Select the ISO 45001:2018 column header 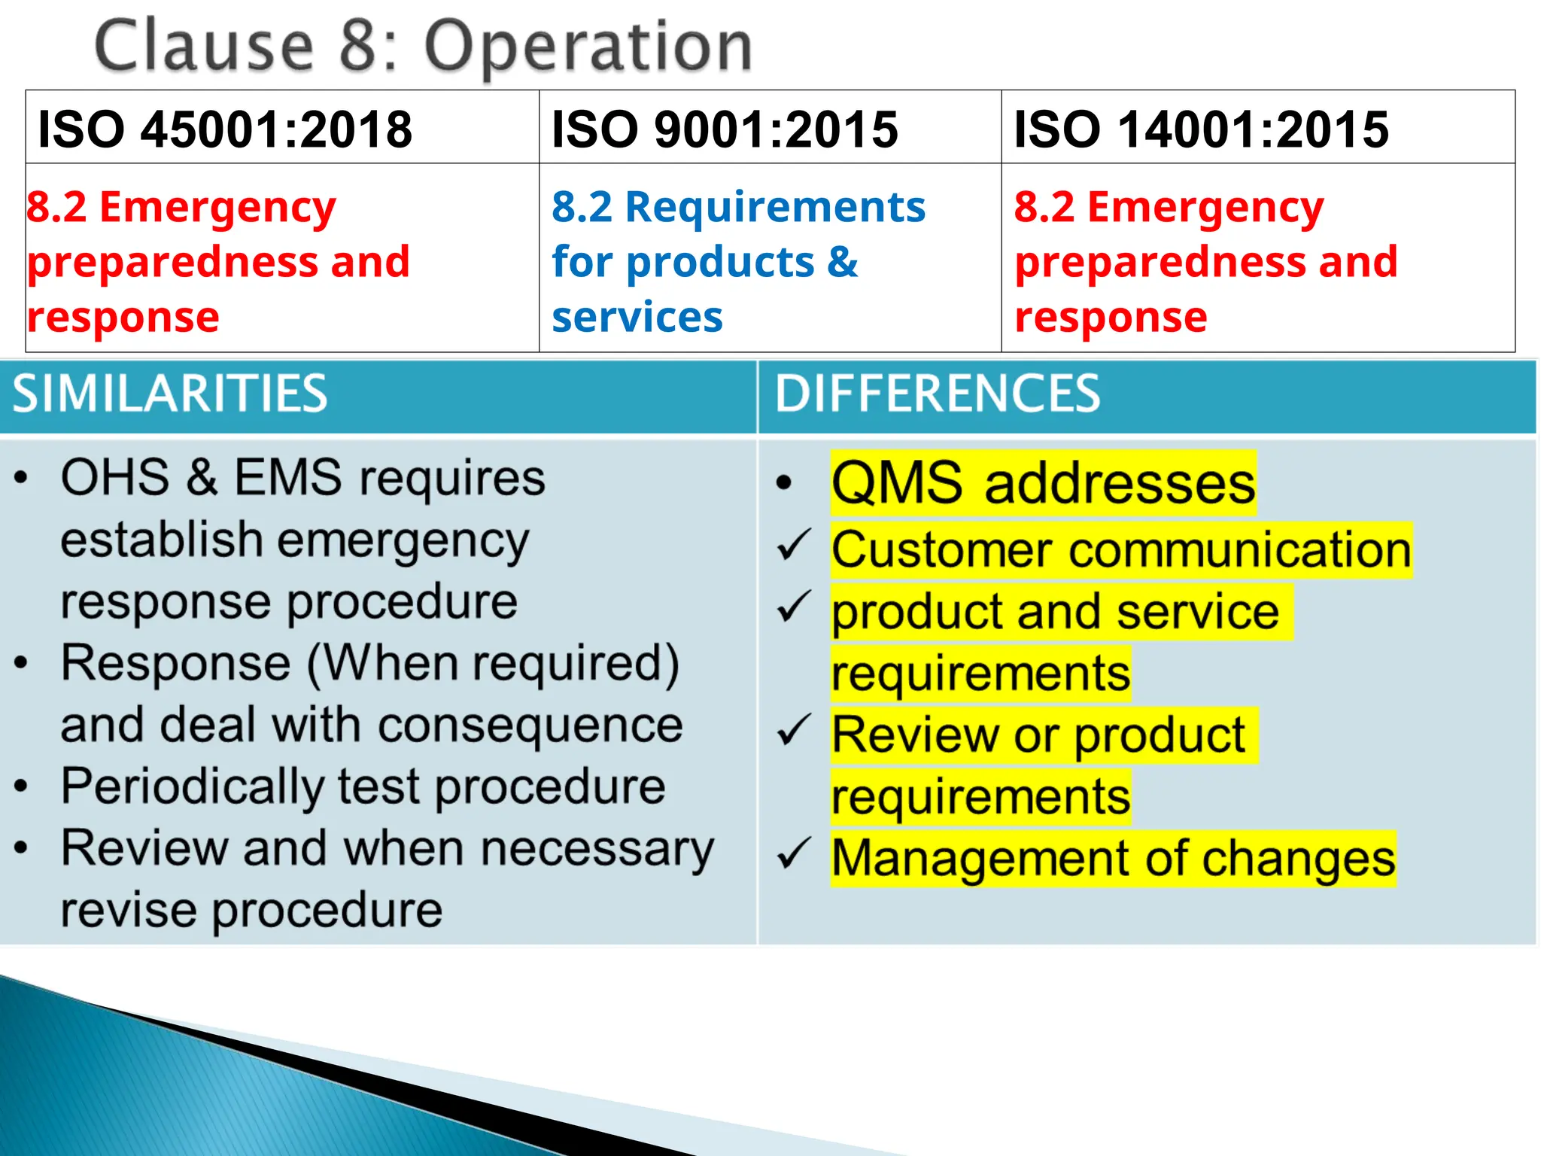[225, 129]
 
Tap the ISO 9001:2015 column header [725, 129]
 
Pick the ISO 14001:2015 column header [1201, 129]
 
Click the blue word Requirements [775, 207]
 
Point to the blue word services [637, 317]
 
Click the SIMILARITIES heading [170, 394]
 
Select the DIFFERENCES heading [938, 394]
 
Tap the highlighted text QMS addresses [1043, 482]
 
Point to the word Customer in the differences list [941, 549]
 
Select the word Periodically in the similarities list [193, 787]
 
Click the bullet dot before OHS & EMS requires [21, 477]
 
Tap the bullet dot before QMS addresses [784, 482]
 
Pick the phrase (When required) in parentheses [494, 664]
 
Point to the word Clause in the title [204, 47]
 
